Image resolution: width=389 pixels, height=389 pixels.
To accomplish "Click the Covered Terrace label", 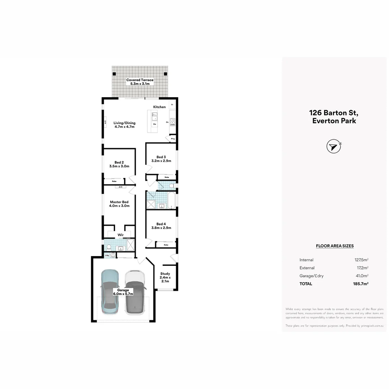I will (x=140, y=82).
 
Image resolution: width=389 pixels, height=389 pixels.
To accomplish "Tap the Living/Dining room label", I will (x=124, y=125).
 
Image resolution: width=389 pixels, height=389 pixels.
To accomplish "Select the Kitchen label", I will (x=160, y=107).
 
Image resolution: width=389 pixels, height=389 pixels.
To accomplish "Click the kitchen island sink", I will (x=154, y=116).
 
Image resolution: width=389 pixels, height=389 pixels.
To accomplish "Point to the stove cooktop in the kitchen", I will (x=172, y=122).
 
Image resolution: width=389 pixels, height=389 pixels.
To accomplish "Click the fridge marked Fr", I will (x=172, y=105).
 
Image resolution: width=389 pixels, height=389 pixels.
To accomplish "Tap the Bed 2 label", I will (x=119, y=164).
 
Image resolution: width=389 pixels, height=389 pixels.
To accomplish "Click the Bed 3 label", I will (x=161, y=159).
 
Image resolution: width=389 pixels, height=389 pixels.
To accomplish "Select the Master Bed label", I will (x=119, y=204).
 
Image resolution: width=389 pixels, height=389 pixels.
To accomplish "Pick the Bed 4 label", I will (x=161, y=225).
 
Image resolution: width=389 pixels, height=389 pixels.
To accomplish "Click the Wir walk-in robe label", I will (x=121, y=235).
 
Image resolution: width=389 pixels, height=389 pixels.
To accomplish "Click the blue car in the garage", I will (x=110, y=291).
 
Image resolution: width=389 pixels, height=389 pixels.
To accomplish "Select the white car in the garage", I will (x=135, y=292).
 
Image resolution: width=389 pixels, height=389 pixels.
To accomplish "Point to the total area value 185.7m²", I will (x=361, y=284).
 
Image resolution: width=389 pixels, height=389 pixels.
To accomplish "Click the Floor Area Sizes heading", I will (x=335, y=246).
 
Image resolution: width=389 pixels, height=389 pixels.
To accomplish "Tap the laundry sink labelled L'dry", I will (x=113, y=255).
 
